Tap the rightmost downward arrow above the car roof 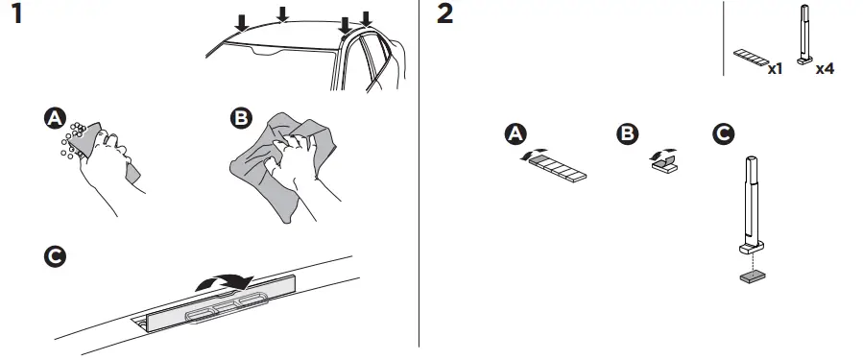pos(365,18)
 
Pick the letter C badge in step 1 pos(56,258)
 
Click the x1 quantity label pos(776,69)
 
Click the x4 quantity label pos(824,69)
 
